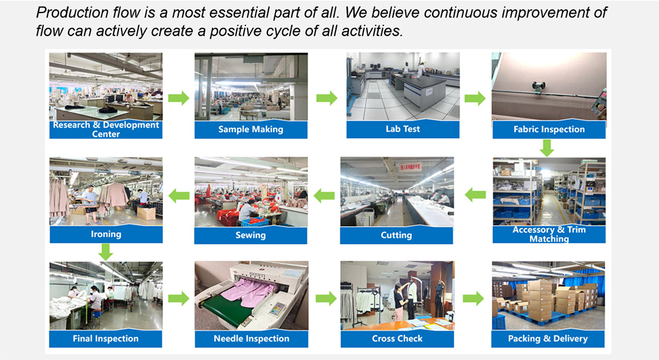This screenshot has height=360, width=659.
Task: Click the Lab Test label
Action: click(403, 129)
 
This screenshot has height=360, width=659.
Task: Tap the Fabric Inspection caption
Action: click(549, 130)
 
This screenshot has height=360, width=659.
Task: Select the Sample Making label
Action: click(251, 130)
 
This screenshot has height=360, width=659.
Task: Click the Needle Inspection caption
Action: click(251, 339)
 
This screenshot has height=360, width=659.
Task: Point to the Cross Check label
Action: click(397, 339)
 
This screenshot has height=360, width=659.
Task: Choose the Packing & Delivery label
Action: click(547, 339)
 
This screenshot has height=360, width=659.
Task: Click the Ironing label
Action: click(106, 234)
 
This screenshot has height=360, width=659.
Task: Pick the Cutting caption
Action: click(397, 235)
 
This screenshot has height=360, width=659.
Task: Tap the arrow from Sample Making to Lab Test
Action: click(327, 98)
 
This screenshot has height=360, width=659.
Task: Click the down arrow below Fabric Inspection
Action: click(547, 148)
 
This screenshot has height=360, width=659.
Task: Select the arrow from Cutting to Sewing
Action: click(324, 195)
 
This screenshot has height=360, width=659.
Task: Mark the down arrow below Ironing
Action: click(105, 252)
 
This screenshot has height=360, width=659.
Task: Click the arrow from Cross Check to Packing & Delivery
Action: click(473, 299)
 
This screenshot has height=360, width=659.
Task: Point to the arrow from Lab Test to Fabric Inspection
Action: click(475, 99)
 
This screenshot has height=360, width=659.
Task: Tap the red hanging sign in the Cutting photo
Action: click(410, 167)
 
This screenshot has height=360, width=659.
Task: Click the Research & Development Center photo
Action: click(106, 87)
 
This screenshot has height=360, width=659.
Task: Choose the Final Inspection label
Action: click(105, 339)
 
